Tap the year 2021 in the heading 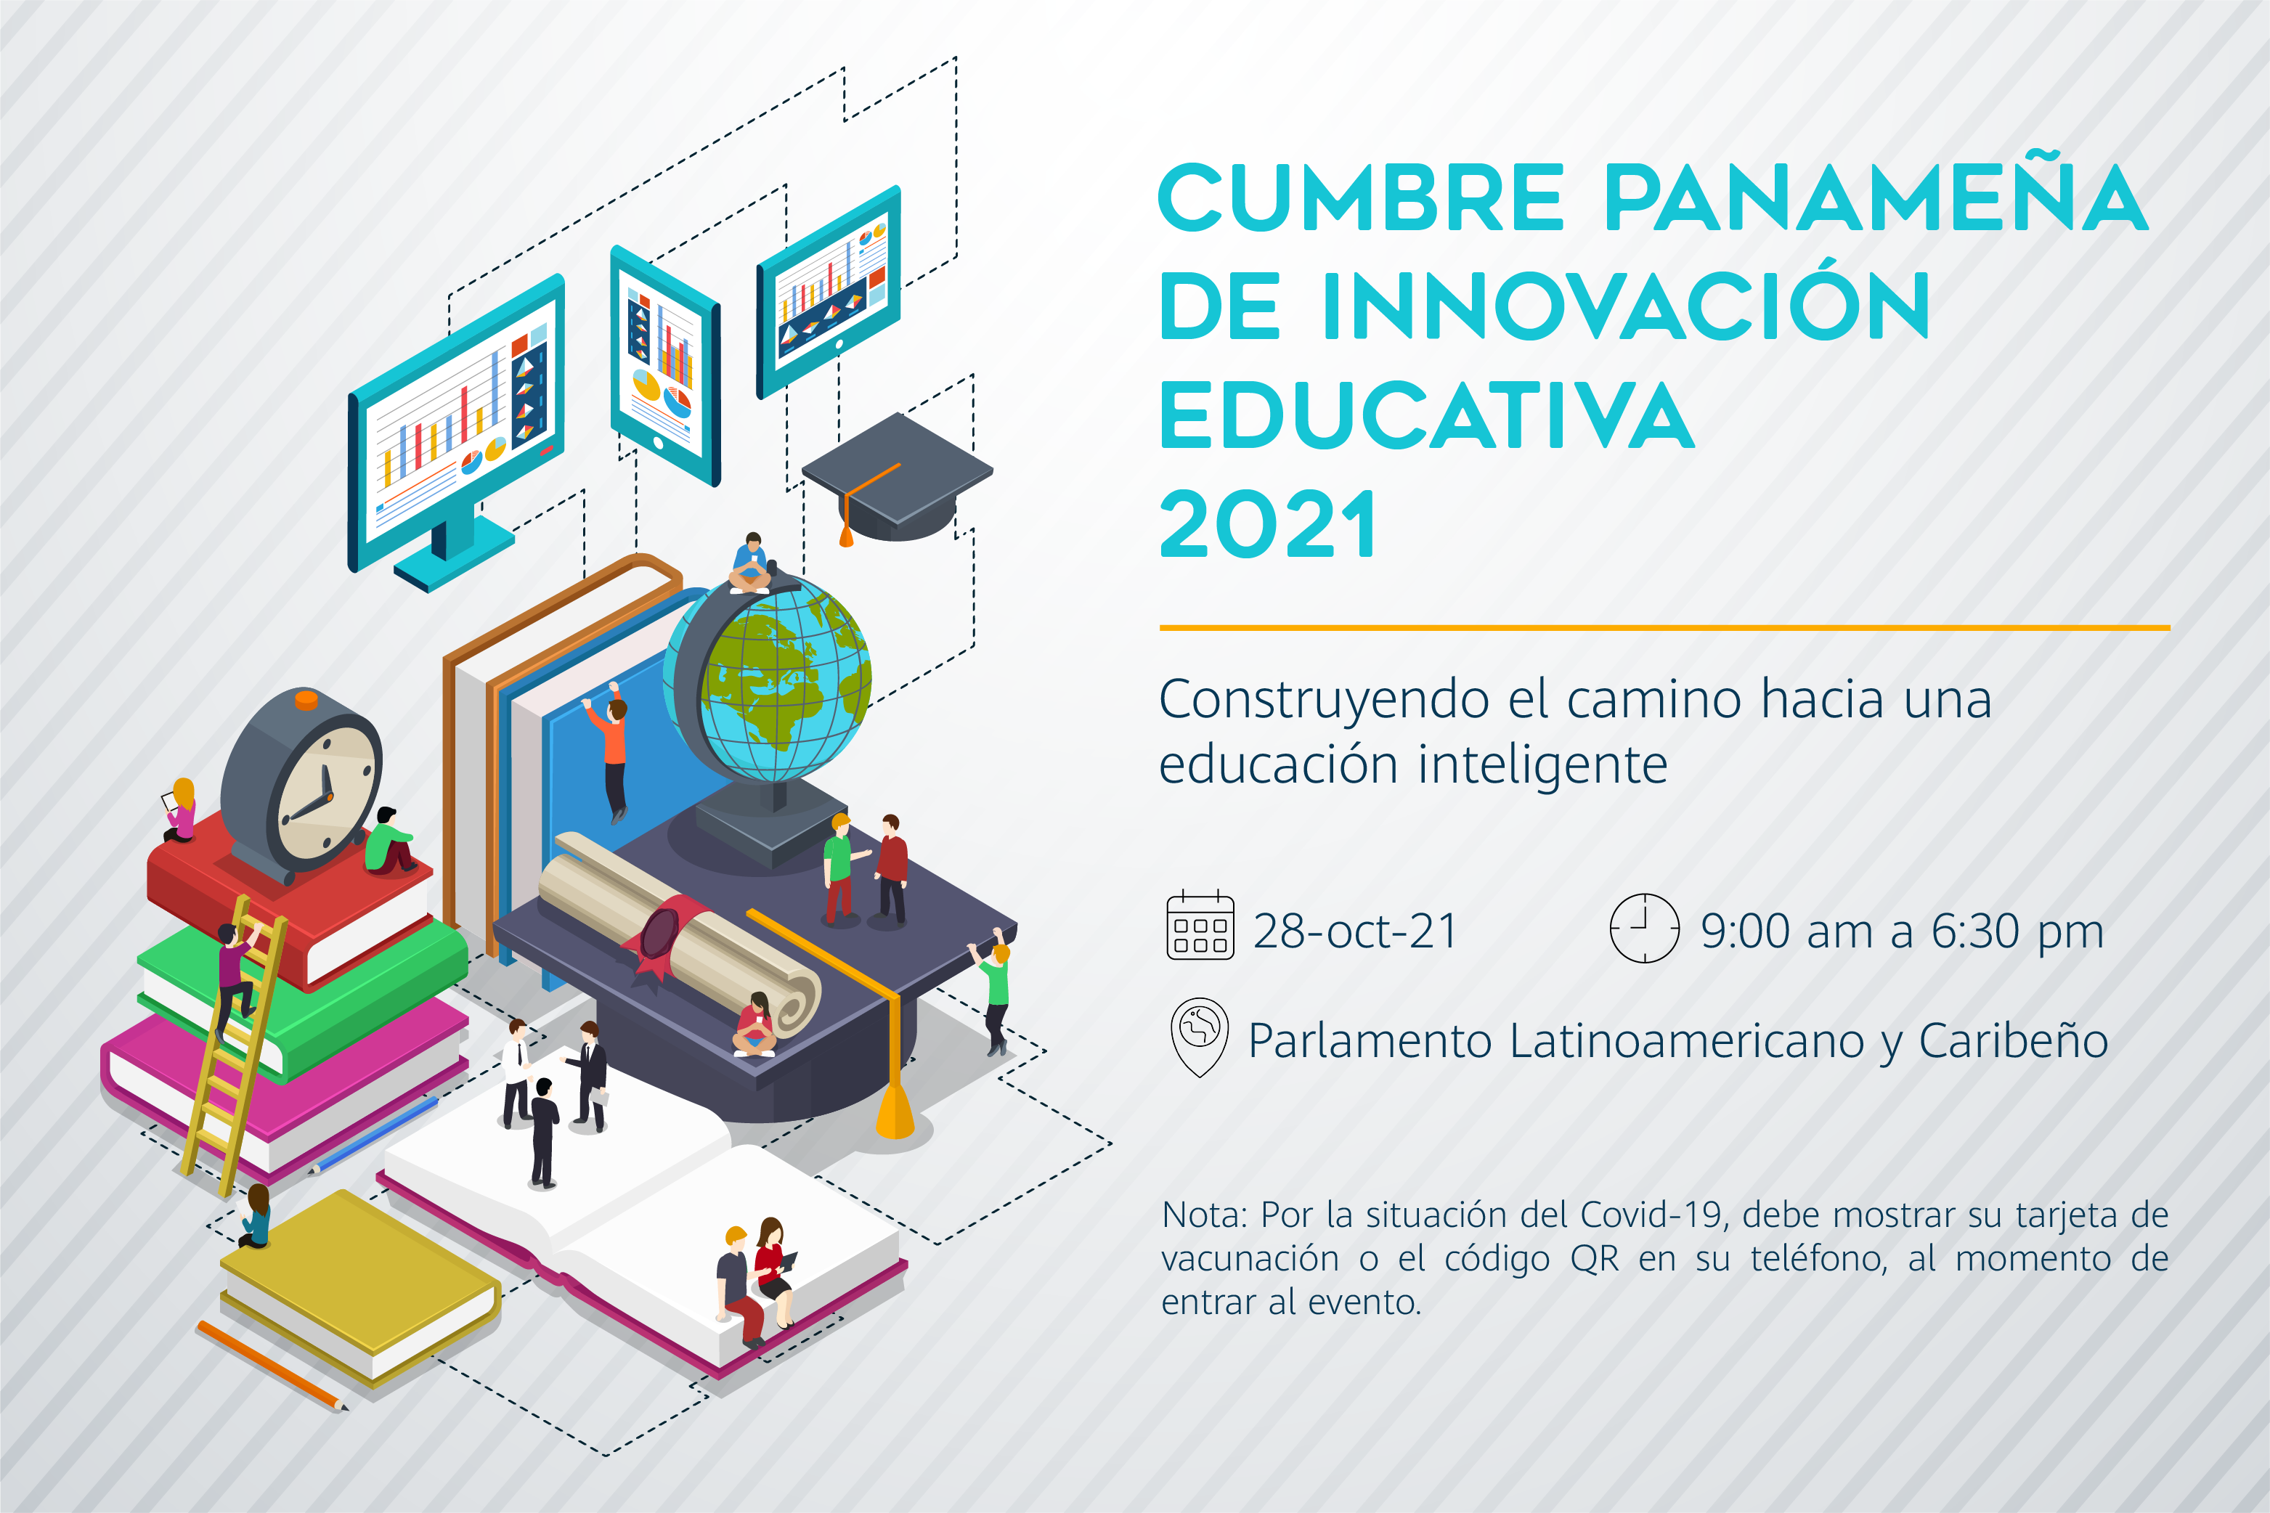point(1268,524)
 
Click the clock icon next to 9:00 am point(1645,929)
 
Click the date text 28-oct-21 point(1355,931)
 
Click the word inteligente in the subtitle point(1542,765)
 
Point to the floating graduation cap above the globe point(898,478)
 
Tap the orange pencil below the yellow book point(272,1366)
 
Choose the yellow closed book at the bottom point(360,1287)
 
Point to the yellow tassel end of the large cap point(895,1112)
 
